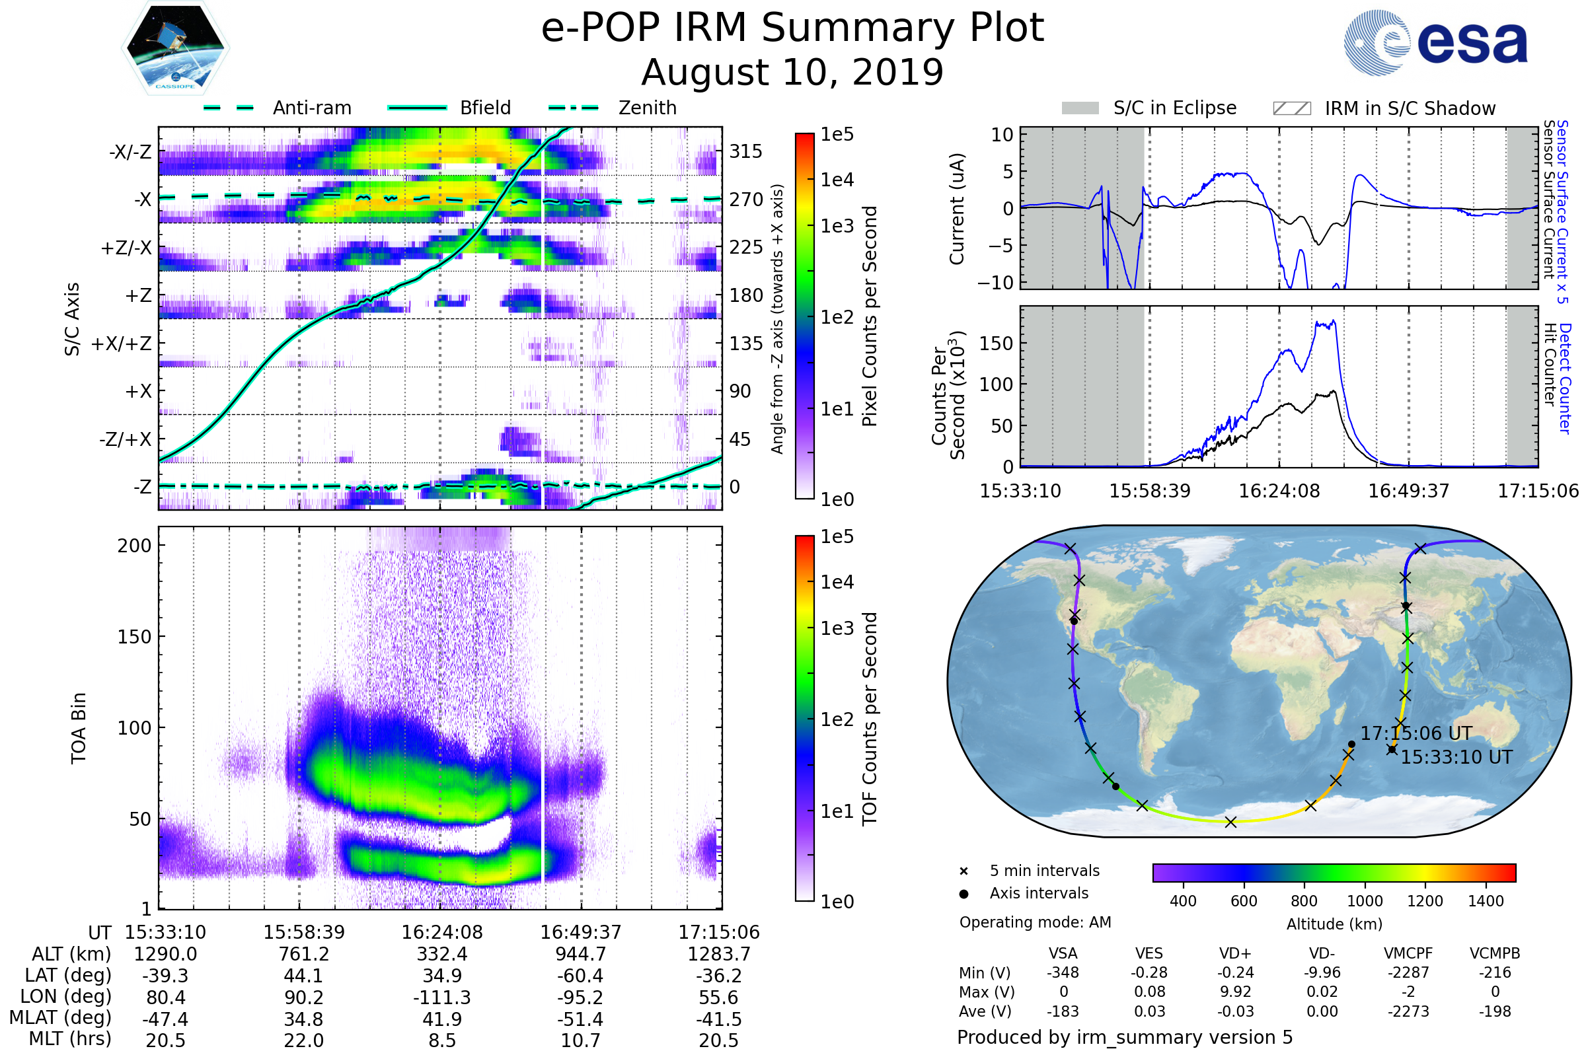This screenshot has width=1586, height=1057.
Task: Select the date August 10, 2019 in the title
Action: (x=792, y=72)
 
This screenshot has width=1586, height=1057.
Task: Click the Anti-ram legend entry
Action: (x=311, y=108)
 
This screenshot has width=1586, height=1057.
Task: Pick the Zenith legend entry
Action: (x=648, y=108)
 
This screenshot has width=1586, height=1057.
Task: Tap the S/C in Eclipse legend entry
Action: (x=1175, y=108)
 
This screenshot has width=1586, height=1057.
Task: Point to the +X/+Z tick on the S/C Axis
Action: (x=122, y=344)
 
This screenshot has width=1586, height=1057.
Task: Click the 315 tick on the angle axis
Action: (x=746, y=151)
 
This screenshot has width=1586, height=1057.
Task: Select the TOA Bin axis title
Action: (x=78, y=728)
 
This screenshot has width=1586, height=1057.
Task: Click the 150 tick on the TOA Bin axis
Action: (x=134, y=637)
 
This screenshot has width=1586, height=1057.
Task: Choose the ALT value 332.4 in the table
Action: (x=442, y=954)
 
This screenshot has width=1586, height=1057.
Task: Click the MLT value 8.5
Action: (x=442, y=1040)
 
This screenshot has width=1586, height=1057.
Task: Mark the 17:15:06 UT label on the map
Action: (x=1416, y=733)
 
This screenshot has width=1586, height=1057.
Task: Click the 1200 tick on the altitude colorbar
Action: (x=1425, y=901)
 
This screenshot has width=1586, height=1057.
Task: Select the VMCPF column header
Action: (x=1408, y=953)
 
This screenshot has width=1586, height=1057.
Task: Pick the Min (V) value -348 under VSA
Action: (x=1063, y=972)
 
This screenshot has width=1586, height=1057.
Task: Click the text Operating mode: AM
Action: (x=1035, y=922)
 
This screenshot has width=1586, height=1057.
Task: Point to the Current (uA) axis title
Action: (x=957, y=209)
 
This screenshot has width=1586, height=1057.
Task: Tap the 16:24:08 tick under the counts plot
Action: (x=1279, y=491)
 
